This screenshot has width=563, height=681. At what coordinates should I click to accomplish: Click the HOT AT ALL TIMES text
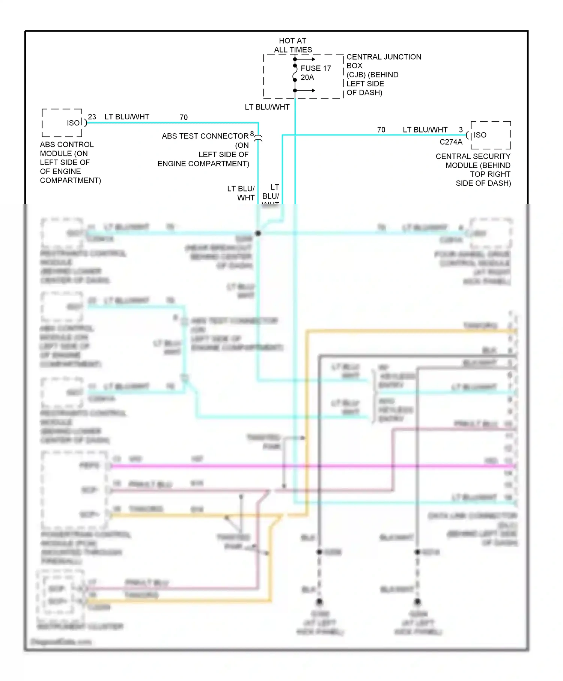pos(293,45)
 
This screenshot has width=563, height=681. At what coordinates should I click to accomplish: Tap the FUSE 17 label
pos(316,68)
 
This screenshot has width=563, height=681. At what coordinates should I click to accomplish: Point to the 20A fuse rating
pos(307,77)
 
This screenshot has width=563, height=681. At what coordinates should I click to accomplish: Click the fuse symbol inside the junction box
pos(295,74)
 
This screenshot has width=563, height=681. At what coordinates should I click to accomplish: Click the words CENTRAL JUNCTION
pos(384,57)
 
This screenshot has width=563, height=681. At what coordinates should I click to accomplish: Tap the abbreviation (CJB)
pos(356,75)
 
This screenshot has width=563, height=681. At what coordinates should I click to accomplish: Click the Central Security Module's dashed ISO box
pos(491,135)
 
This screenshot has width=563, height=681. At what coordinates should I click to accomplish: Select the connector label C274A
pos(451,142)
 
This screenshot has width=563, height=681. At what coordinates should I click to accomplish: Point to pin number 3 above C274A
pos(461,130)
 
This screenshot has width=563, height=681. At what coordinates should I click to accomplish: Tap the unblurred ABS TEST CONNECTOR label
pos(205,136)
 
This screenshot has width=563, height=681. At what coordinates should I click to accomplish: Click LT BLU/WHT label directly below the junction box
pos(267,107)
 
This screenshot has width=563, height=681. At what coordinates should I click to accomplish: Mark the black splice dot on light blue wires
pos(258,233)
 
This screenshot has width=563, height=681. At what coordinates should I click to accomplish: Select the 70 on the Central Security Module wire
pos(381,130)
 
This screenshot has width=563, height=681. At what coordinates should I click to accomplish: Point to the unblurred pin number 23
pos(92,117)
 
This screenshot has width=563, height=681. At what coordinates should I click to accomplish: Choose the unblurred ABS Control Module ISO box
pos(62,123)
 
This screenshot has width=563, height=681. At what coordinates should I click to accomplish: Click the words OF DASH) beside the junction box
pos(364,93)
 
